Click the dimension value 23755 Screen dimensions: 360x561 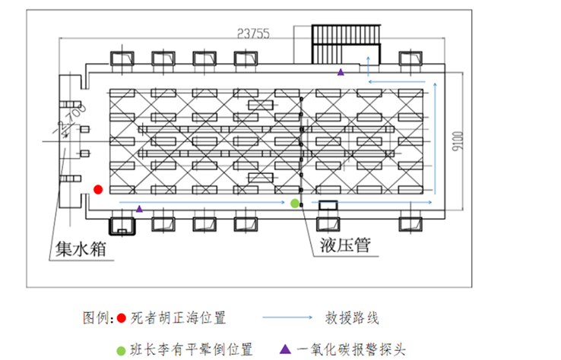254,33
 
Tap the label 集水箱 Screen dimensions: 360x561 78,248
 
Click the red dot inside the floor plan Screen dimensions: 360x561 97,189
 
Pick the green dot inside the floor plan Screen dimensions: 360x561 295,203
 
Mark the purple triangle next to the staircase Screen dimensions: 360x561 341,71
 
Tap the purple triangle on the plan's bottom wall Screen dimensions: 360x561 138,207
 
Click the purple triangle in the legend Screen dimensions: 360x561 284,350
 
